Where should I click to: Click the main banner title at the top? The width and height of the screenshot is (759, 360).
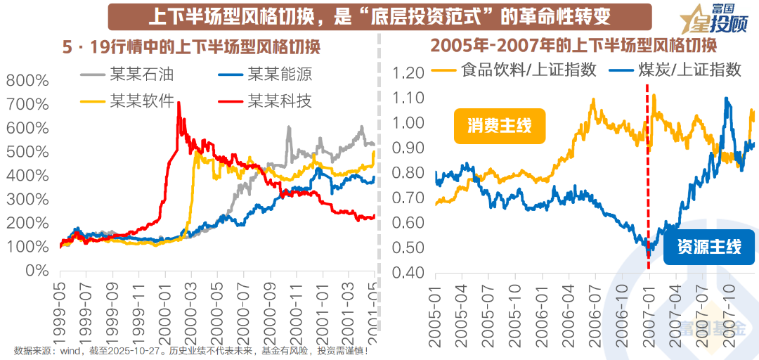point(379,15)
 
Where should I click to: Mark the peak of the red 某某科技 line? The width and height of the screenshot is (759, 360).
point(179,103)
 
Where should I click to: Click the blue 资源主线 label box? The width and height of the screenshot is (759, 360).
point(709,247)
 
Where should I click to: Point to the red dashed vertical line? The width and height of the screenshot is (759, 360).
point(647,176)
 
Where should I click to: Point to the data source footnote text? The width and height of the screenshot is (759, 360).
point(190,350)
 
